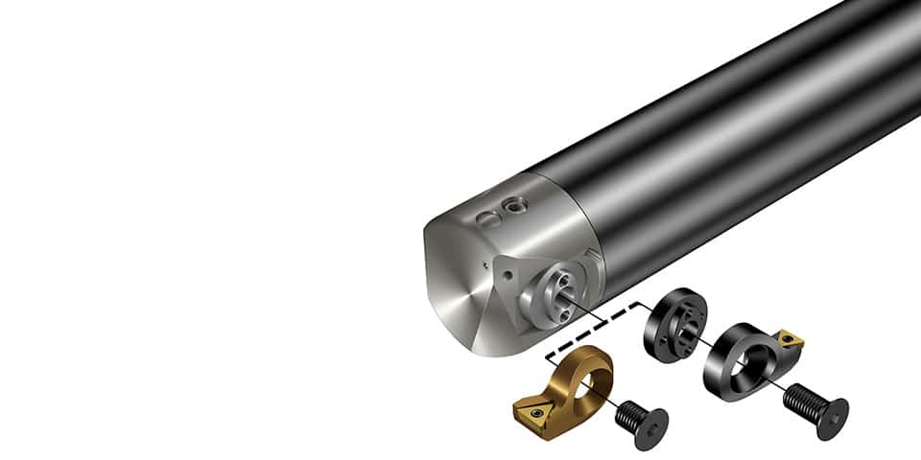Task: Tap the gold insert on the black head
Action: (x=792, y=341)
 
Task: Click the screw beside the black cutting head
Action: (x=815, y=402)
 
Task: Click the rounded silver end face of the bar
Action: (x=470, y=297)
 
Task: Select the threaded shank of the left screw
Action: (x=627, y=413)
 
